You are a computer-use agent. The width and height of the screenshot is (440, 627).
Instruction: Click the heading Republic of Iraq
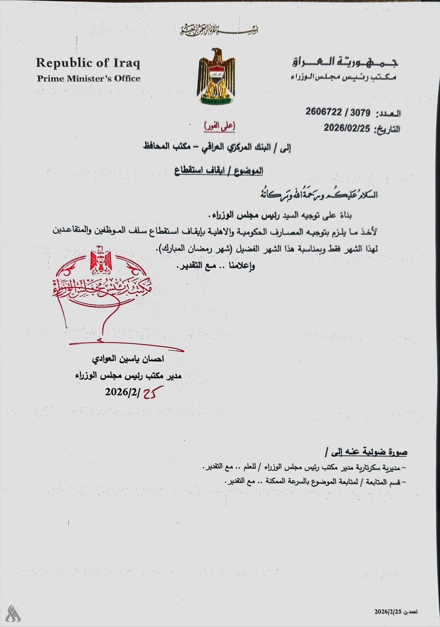[x=88, y=63]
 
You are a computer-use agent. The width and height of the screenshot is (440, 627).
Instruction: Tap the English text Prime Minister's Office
[x=89, y=78]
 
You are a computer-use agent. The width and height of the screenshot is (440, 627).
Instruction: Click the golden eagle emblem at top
[x=216, y=76]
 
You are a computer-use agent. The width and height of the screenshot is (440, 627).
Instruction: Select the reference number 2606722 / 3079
[x=338, y=113]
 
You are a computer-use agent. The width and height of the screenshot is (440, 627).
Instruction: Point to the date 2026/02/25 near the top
[x=347, y=128]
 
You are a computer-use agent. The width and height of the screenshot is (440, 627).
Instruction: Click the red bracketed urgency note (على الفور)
[x=219, y=126]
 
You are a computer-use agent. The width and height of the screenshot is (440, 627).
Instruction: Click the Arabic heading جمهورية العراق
[x=345, y=62]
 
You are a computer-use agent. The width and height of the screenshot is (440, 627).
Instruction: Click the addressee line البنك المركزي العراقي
[x=217, y=148]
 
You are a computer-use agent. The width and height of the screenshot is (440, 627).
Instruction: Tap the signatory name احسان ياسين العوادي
[x=128, y=359]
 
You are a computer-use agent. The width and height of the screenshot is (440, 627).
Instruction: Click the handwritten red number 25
[x=153, y=393]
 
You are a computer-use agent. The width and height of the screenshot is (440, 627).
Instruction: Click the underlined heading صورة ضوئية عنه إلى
[x=366, y=452]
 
